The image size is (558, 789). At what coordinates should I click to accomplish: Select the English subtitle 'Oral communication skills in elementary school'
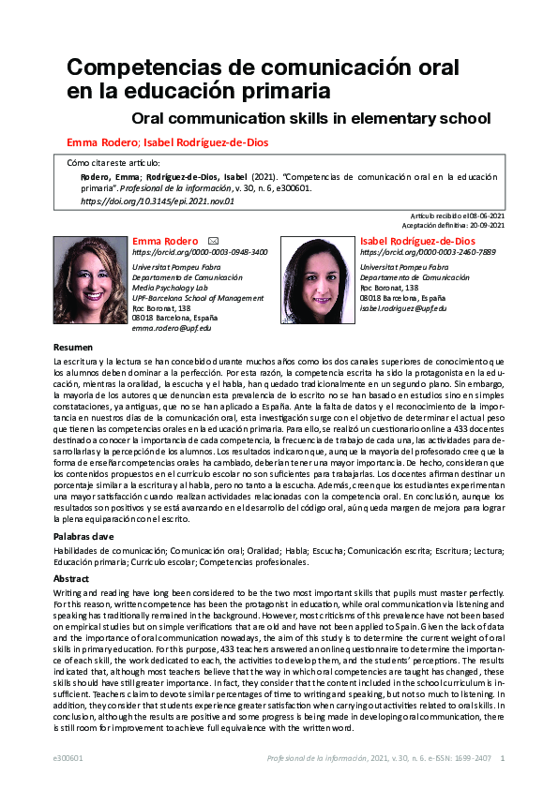(x=311, y=118)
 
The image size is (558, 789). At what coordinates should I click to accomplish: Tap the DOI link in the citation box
(x=158, y=201)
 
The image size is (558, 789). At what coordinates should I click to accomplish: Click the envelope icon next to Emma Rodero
(x=213, y=241)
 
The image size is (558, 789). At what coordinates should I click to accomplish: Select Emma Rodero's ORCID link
(x=200, y=253)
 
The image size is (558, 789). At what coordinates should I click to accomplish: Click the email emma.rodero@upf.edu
(x=172, y=328)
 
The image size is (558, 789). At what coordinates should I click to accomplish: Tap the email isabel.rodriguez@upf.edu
(x=403, y=308)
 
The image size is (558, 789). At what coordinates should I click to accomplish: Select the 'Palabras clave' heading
(x=83, y=537)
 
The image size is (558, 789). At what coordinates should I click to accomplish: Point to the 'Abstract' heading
(x=72, y=579)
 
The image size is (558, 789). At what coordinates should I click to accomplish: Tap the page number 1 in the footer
(x=503, y=758)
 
